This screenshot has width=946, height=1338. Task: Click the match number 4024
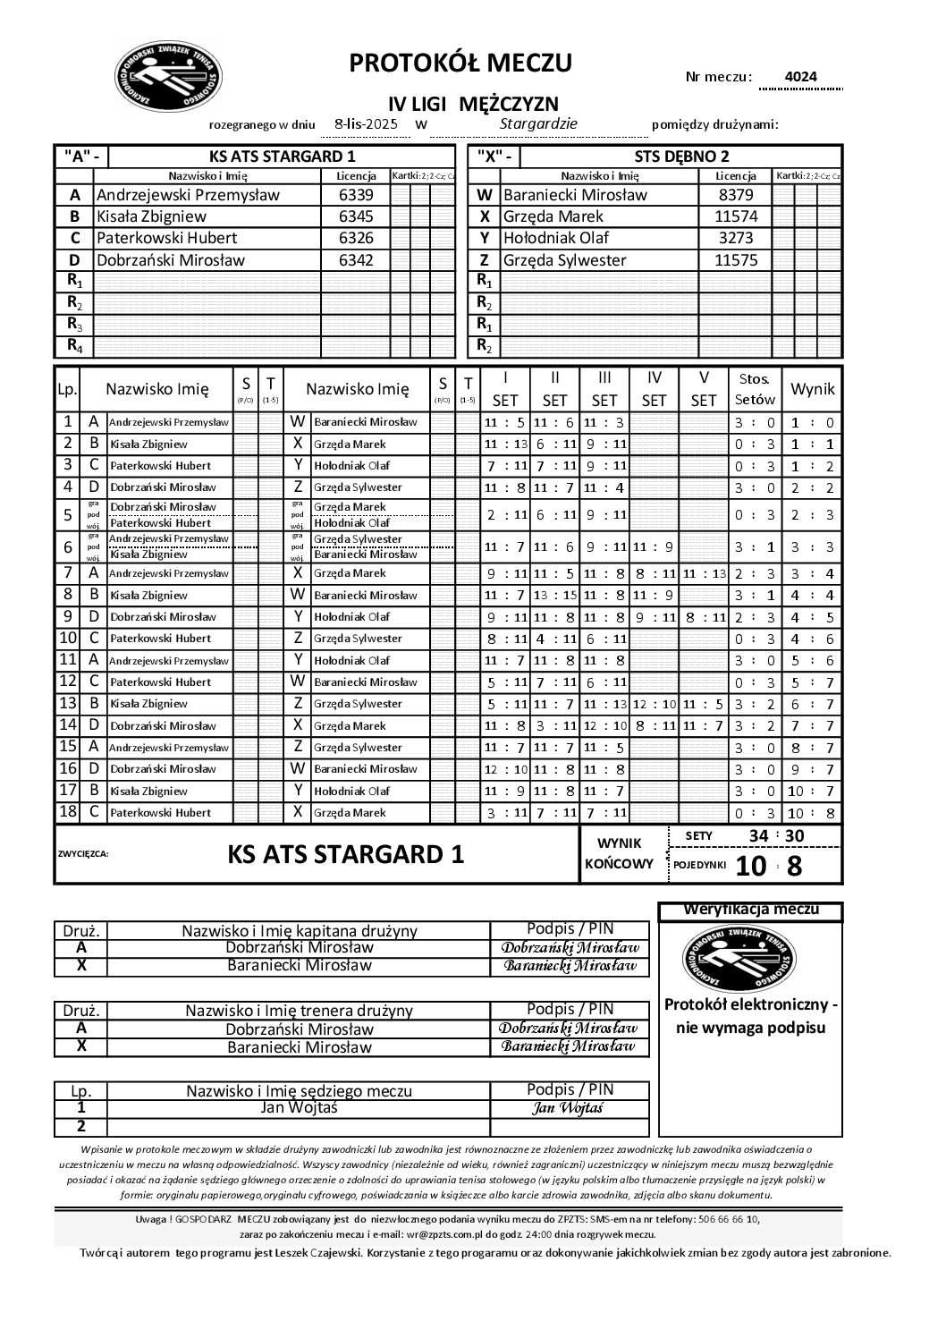point(800,77)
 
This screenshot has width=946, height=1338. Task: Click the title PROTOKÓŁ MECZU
point(460,63)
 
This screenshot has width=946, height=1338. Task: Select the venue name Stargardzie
point(538,123)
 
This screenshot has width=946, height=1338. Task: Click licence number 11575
point(736,260)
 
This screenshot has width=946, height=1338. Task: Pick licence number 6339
point(356,195)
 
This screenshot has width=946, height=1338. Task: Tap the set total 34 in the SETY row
point(757,835)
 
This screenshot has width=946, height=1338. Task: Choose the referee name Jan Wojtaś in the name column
point(299,1107)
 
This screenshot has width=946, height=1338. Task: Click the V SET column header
point(704,389)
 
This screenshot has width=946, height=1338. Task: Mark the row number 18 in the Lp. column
point(67,812)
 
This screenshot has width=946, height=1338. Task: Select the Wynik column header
point(813,389)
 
